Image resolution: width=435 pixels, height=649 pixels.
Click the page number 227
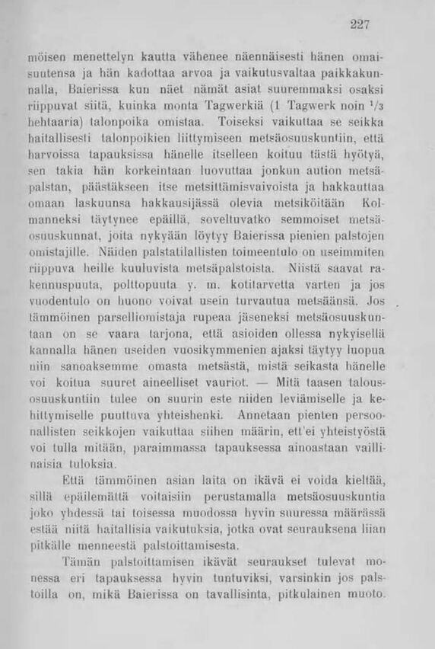(360, 24)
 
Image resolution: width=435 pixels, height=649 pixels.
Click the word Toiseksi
(240, 120)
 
